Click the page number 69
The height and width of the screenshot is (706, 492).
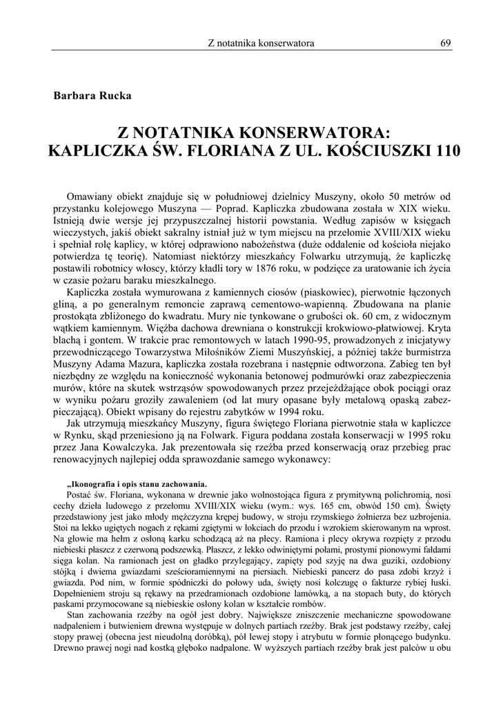(x=446, y=43)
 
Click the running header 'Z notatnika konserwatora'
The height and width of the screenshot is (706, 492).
(x=261, y=43)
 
